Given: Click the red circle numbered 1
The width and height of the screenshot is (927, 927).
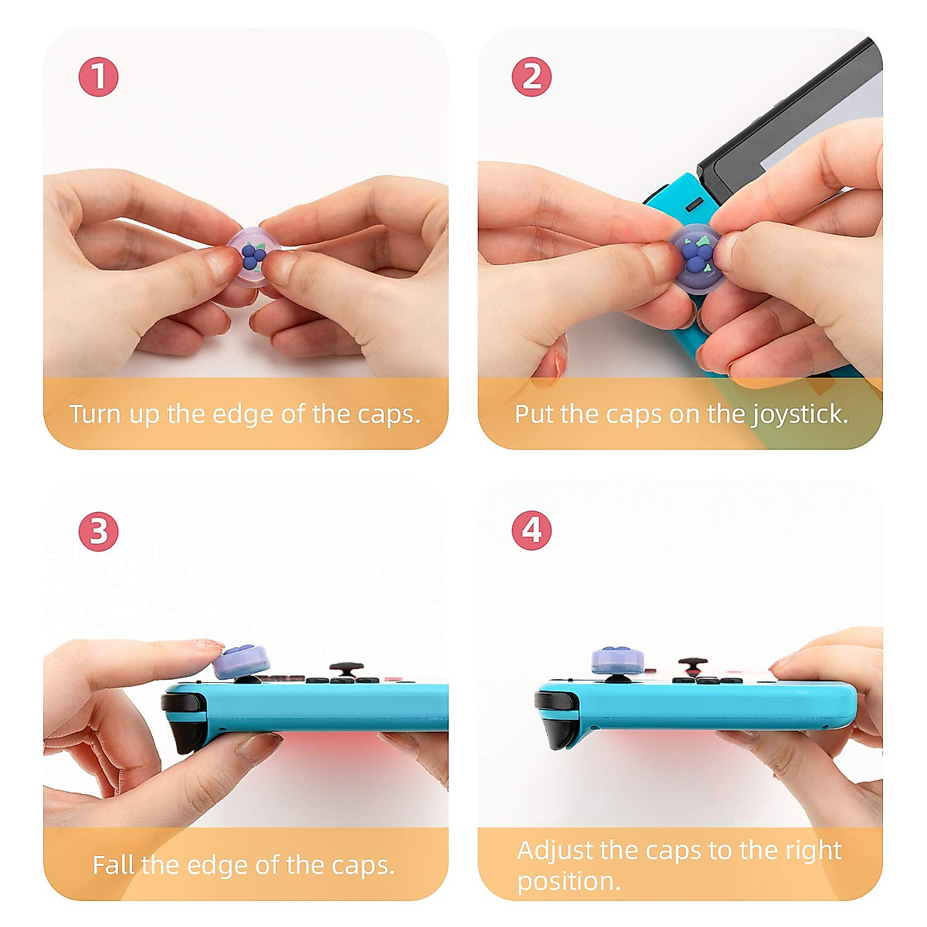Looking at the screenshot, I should (x=98, y=77).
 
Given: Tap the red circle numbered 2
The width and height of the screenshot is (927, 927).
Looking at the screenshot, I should (x=531, y=77).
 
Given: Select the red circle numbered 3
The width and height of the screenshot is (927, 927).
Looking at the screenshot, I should (x=98, y=531).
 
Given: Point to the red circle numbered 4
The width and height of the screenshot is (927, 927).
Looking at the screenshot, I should (x=531, y=531).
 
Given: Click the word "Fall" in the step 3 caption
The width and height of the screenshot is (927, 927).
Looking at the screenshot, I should (x=113, y=864).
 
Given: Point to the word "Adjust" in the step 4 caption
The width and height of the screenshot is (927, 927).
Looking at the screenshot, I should (x=555, y=851).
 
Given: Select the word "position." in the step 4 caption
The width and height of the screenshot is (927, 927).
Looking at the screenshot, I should (x=569, y=881).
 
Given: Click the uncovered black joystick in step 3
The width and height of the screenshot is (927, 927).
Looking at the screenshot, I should (x=347, y=668).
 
